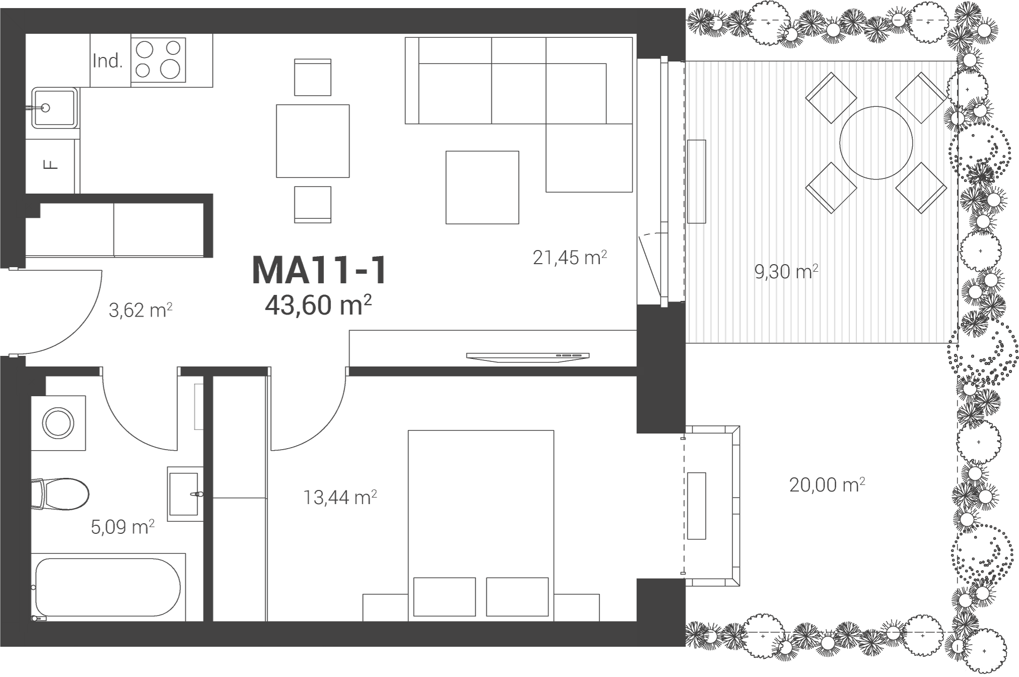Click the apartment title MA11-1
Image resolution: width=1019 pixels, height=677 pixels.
coord(319,270)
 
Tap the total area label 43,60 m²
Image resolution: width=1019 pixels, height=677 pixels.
coord(318,304)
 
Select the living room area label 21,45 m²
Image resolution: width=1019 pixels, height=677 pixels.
coord(570,258)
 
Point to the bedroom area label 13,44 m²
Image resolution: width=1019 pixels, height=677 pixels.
coord(340,498)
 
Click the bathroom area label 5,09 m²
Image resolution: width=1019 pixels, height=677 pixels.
coord(122,527)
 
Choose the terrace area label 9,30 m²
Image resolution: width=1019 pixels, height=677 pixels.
coord(786,272)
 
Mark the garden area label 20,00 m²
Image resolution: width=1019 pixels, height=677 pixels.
coord(827,485)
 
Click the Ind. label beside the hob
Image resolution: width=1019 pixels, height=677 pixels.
coord(108,61)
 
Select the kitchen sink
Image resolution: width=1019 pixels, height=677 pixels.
coord(54,107)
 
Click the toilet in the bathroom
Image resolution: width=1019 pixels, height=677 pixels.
coord(59,495)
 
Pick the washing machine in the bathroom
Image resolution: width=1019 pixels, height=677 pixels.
coord(58,423)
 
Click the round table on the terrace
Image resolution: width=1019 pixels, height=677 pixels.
coord(876,143)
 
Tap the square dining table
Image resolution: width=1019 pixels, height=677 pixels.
coord(313,141)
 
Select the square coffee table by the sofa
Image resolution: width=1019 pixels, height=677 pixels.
coord(482,187)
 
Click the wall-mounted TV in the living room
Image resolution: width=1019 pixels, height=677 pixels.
coord(528,356)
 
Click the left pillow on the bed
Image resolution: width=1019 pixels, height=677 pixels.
coord(444,597)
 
